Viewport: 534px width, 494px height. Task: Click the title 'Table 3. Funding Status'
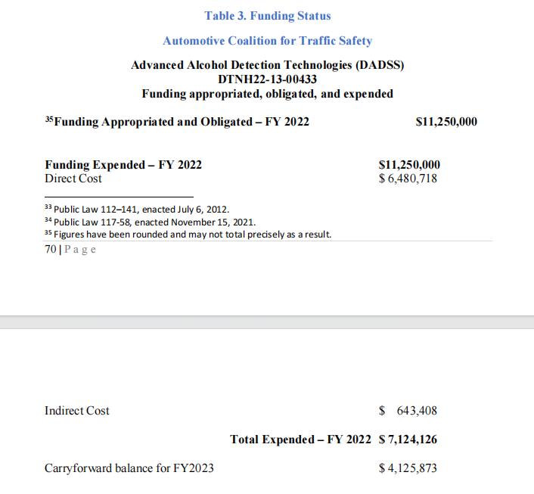click(x=267, y=15)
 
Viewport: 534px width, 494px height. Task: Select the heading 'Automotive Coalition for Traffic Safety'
click(x=267, y=40)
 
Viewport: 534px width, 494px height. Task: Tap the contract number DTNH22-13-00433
click(x=267, y=79)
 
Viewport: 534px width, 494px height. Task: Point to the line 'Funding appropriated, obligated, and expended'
click(x=267, y=94)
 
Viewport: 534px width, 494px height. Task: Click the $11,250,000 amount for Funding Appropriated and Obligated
click(x=446, y=121)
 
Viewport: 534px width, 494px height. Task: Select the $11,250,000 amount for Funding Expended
click(x=408, y=165)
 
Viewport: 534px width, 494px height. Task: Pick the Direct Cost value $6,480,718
click(x=408, y=179)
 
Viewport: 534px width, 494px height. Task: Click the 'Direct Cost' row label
click(x=73, y=179)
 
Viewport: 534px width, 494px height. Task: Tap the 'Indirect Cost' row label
click(x=77, y=411)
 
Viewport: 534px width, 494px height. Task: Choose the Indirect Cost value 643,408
click(x=412, y=411)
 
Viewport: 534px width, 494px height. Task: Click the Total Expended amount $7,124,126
click(x=408, y=440)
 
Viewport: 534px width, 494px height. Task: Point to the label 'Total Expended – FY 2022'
click(x=300, y=440)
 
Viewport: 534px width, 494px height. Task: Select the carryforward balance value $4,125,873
click(x=408, y=468)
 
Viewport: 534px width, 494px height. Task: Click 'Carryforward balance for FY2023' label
click(x=129, y=468)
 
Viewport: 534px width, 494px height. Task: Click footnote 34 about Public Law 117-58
click(x=150, y=222)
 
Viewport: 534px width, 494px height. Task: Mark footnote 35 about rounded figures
click(x=188, y=235)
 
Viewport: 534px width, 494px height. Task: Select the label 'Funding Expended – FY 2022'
click(x=123, y=165)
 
